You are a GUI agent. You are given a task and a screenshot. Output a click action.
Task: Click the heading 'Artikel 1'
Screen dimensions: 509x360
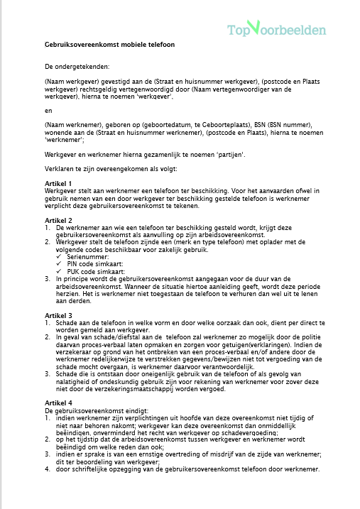point(58,183)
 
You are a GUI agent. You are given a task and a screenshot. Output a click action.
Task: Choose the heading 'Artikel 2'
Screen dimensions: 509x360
point(58,220)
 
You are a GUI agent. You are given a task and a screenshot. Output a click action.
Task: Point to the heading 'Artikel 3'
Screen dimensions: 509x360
point(58,314)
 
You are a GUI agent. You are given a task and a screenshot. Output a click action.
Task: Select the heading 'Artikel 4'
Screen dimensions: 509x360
point(58,403)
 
